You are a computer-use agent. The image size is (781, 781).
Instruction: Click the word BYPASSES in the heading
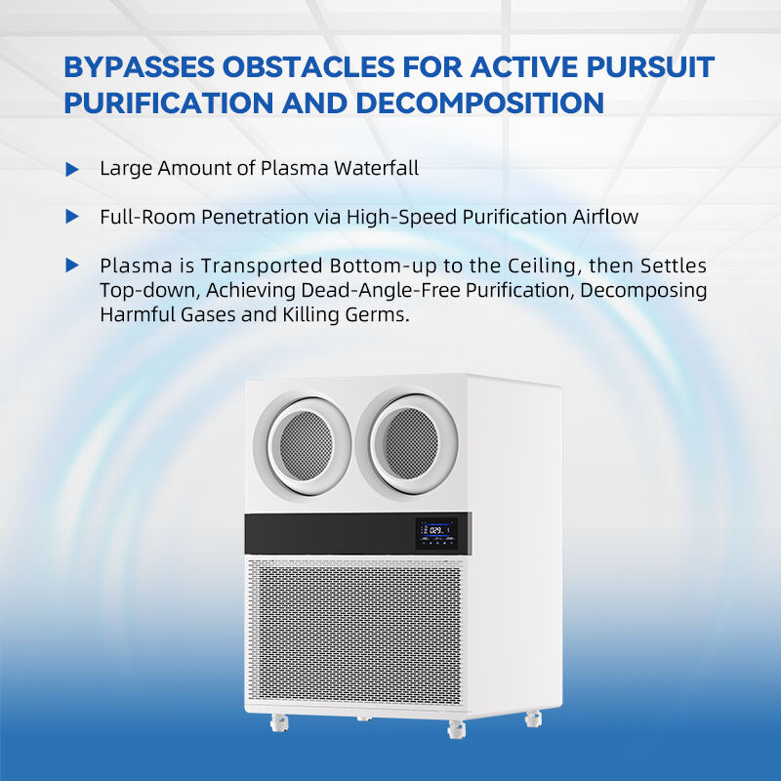pos(140,66)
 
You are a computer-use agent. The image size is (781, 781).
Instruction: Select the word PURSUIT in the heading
pos(650,66)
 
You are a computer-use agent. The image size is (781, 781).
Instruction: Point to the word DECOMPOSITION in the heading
pos(480,103)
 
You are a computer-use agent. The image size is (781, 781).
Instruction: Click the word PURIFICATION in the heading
pos(169,103)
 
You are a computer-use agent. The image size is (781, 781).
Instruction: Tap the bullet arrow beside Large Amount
pos(72,169)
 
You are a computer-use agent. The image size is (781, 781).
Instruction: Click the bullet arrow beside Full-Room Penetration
pos(72,217)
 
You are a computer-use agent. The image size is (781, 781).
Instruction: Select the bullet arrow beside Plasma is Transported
pos(72,266)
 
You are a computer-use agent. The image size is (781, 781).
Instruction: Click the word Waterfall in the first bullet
pos(376,168)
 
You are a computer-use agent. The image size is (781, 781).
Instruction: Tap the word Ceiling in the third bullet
pos(545,266)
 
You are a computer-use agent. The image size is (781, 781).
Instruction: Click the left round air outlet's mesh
pos(306,445)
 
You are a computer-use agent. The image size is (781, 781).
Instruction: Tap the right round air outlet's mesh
pos(412,443)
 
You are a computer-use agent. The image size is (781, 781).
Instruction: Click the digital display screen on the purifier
pos(436,533)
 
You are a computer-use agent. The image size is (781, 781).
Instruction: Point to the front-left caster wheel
pos(278,722)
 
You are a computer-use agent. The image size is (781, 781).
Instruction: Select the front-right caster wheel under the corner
pos(456,729)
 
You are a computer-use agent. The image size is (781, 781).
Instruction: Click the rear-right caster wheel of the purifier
pos(533,719)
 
